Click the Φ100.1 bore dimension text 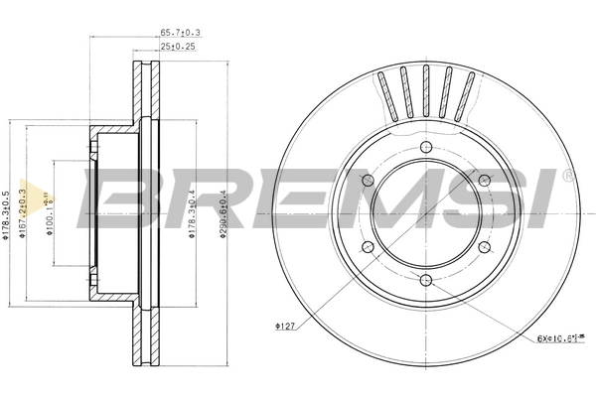click(53, 211)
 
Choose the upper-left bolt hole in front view click(368, 180)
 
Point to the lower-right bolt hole click(484, 246)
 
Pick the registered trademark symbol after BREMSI click(567, 175)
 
